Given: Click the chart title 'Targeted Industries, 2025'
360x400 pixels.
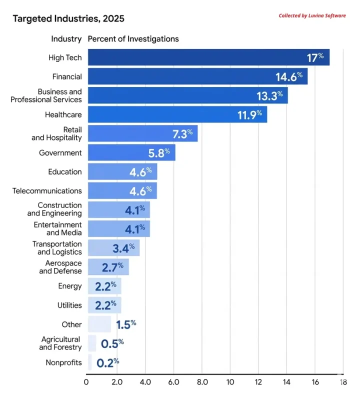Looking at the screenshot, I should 68,19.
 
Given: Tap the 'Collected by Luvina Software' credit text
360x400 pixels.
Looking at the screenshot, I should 312,15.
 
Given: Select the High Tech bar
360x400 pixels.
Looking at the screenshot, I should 200,57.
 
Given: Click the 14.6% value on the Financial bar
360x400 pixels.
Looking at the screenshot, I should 289,76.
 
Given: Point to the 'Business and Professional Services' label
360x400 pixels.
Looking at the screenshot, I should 46,95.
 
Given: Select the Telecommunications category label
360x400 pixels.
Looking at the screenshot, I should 47,190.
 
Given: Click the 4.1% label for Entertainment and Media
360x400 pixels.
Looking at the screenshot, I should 135,228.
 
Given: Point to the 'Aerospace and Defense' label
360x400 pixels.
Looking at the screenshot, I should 60,267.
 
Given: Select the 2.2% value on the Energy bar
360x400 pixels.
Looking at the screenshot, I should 105,286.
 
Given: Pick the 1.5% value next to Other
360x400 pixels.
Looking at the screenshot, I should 125,324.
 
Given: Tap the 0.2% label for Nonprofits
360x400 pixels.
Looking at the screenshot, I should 107,362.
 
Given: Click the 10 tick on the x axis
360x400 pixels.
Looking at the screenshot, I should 229,382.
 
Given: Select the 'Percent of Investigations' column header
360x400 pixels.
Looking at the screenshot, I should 133,39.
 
